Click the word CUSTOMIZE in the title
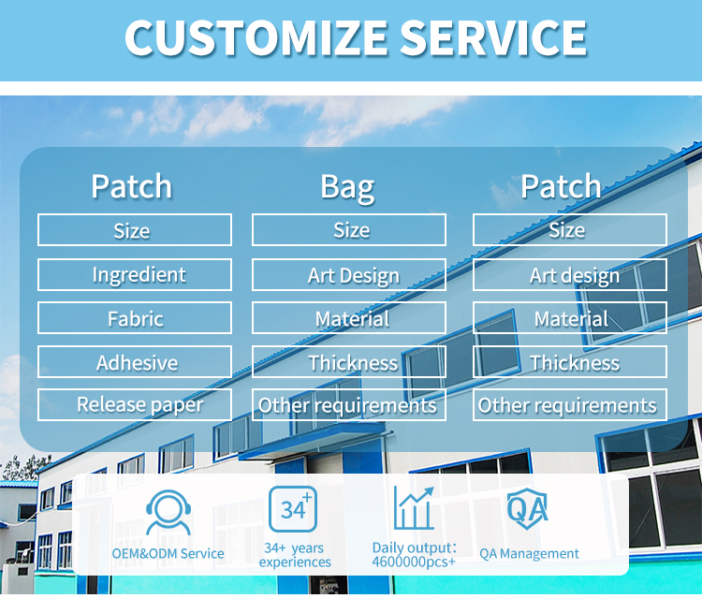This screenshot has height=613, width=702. tap(256, 37)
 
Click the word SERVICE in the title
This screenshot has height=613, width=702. tap(493, 37)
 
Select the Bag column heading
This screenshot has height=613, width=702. tap(347, 186)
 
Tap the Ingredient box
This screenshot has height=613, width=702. tap(135, 274)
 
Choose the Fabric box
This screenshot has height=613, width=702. tap(135, 318)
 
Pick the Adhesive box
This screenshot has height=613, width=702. tap(135, 362)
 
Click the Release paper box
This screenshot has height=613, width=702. tap(135, 404)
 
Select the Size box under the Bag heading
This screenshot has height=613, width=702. tap(349, 230)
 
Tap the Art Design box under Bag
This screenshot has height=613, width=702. tap(349, 275)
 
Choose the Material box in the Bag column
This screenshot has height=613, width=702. tap(349, 318)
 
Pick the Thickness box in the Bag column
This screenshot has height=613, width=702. tap(349, 362)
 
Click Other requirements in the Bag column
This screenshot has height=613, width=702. tap(349, 404)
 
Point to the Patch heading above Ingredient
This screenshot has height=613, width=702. tap(132, 186)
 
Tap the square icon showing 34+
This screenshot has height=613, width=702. tap(293, 509)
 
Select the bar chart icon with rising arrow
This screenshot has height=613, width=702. tap(414, 509)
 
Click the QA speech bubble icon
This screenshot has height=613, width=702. tap(528, 508)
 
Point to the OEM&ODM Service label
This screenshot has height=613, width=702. tap(168, 553)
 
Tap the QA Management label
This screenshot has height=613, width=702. tap(529, 553)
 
